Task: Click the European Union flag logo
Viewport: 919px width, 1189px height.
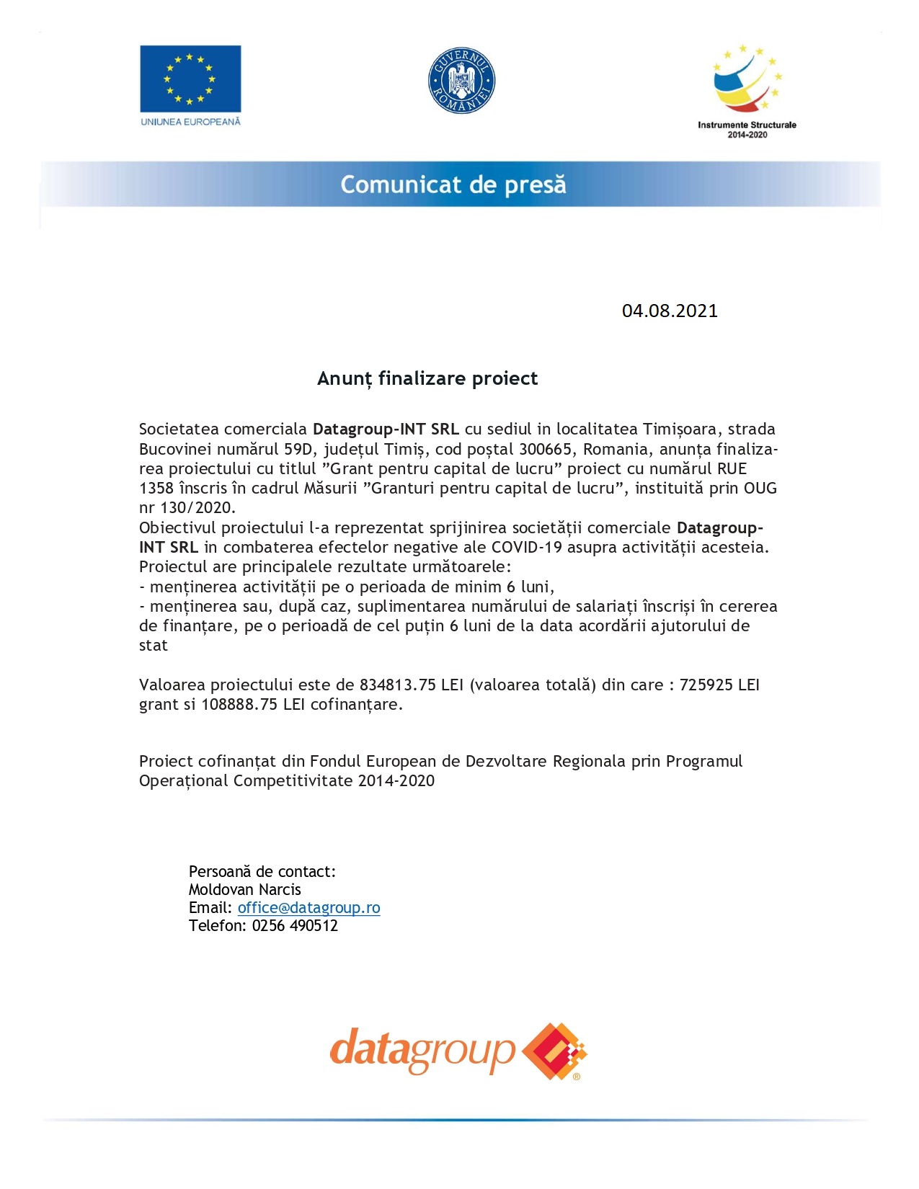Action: coord(190,78)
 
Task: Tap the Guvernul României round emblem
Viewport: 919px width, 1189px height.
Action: coord(461,81)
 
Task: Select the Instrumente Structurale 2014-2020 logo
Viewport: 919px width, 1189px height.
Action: coord(747,91)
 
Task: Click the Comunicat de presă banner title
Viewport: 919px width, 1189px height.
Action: coord(453,184)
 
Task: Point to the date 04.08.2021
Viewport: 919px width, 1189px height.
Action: coord(670,311)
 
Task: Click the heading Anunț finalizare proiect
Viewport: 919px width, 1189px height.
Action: coord(427,378)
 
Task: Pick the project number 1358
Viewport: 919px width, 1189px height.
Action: coord(156,489)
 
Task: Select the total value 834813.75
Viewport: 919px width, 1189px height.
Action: coord(398,685)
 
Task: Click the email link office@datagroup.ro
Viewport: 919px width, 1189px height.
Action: coord(308,908)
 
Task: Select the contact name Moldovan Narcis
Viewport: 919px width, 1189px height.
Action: coord(245,890)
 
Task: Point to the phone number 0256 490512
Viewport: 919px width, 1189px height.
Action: coord(295,926)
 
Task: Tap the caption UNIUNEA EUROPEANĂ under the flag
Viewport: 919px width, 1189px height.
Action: coord(190,122)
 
